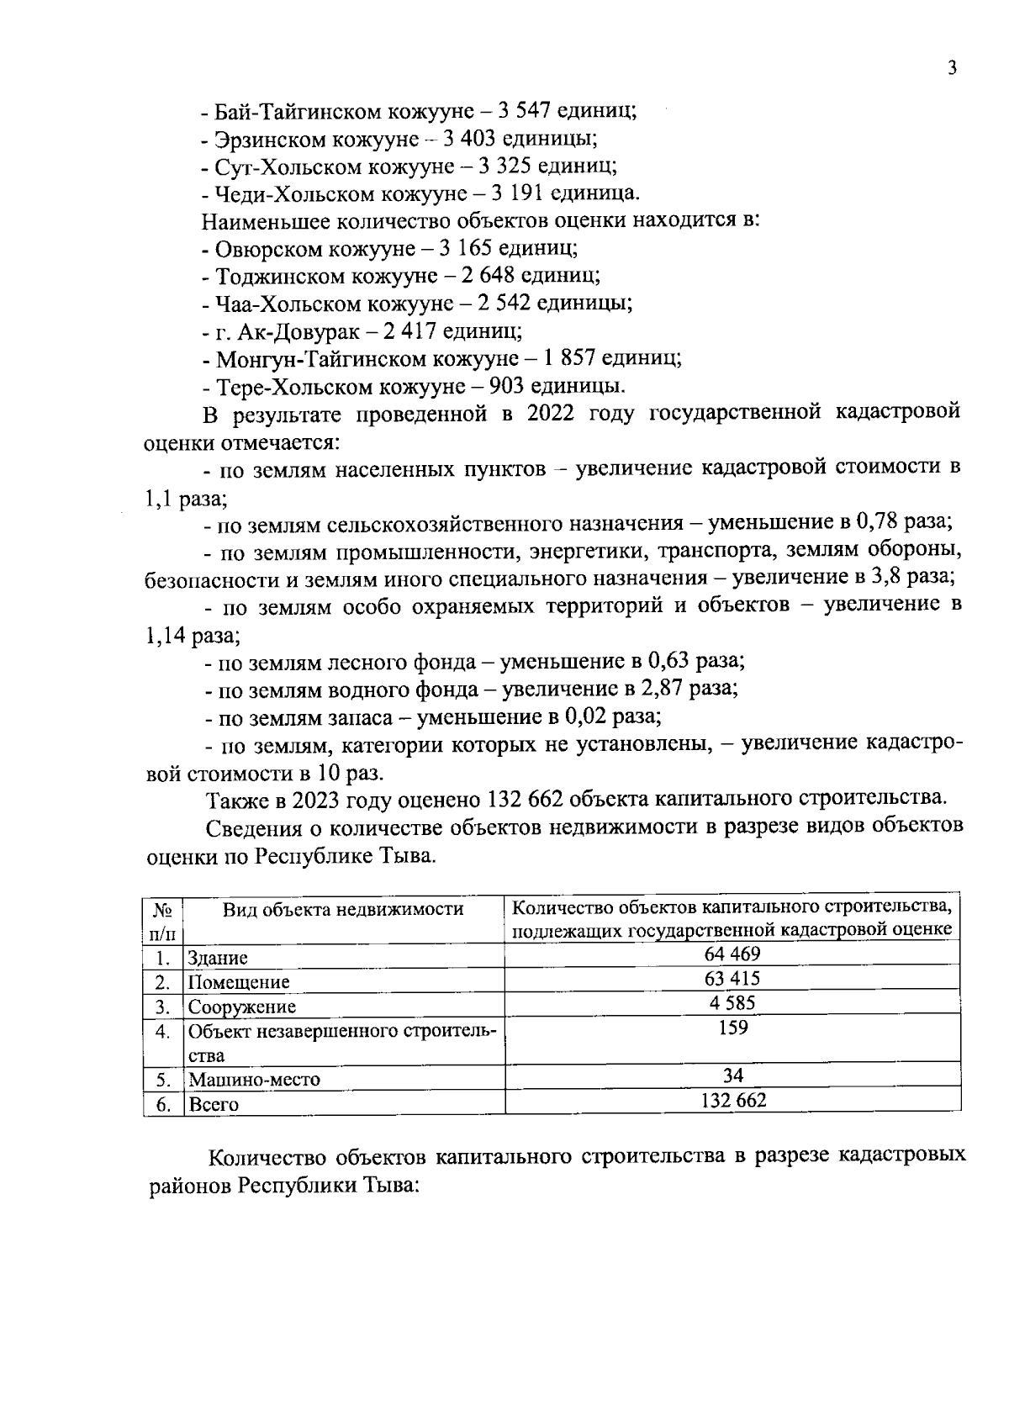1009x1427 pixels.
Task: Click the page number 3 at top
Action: coord(952,69)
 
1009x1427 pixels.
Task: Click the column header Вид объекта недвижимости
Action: coord(343,909)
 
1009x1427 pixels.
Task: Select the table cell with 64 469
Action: coord(732,954)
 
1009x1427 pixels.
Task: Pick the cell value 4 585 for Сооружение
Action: coord(732,1003)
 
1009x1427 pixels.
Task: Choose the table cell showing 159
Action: coord(732,1028)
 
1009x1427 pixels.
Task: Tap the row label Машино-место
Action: coord(254,1080)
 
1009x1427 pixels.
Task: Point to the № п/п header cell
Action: coord(163,921)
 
